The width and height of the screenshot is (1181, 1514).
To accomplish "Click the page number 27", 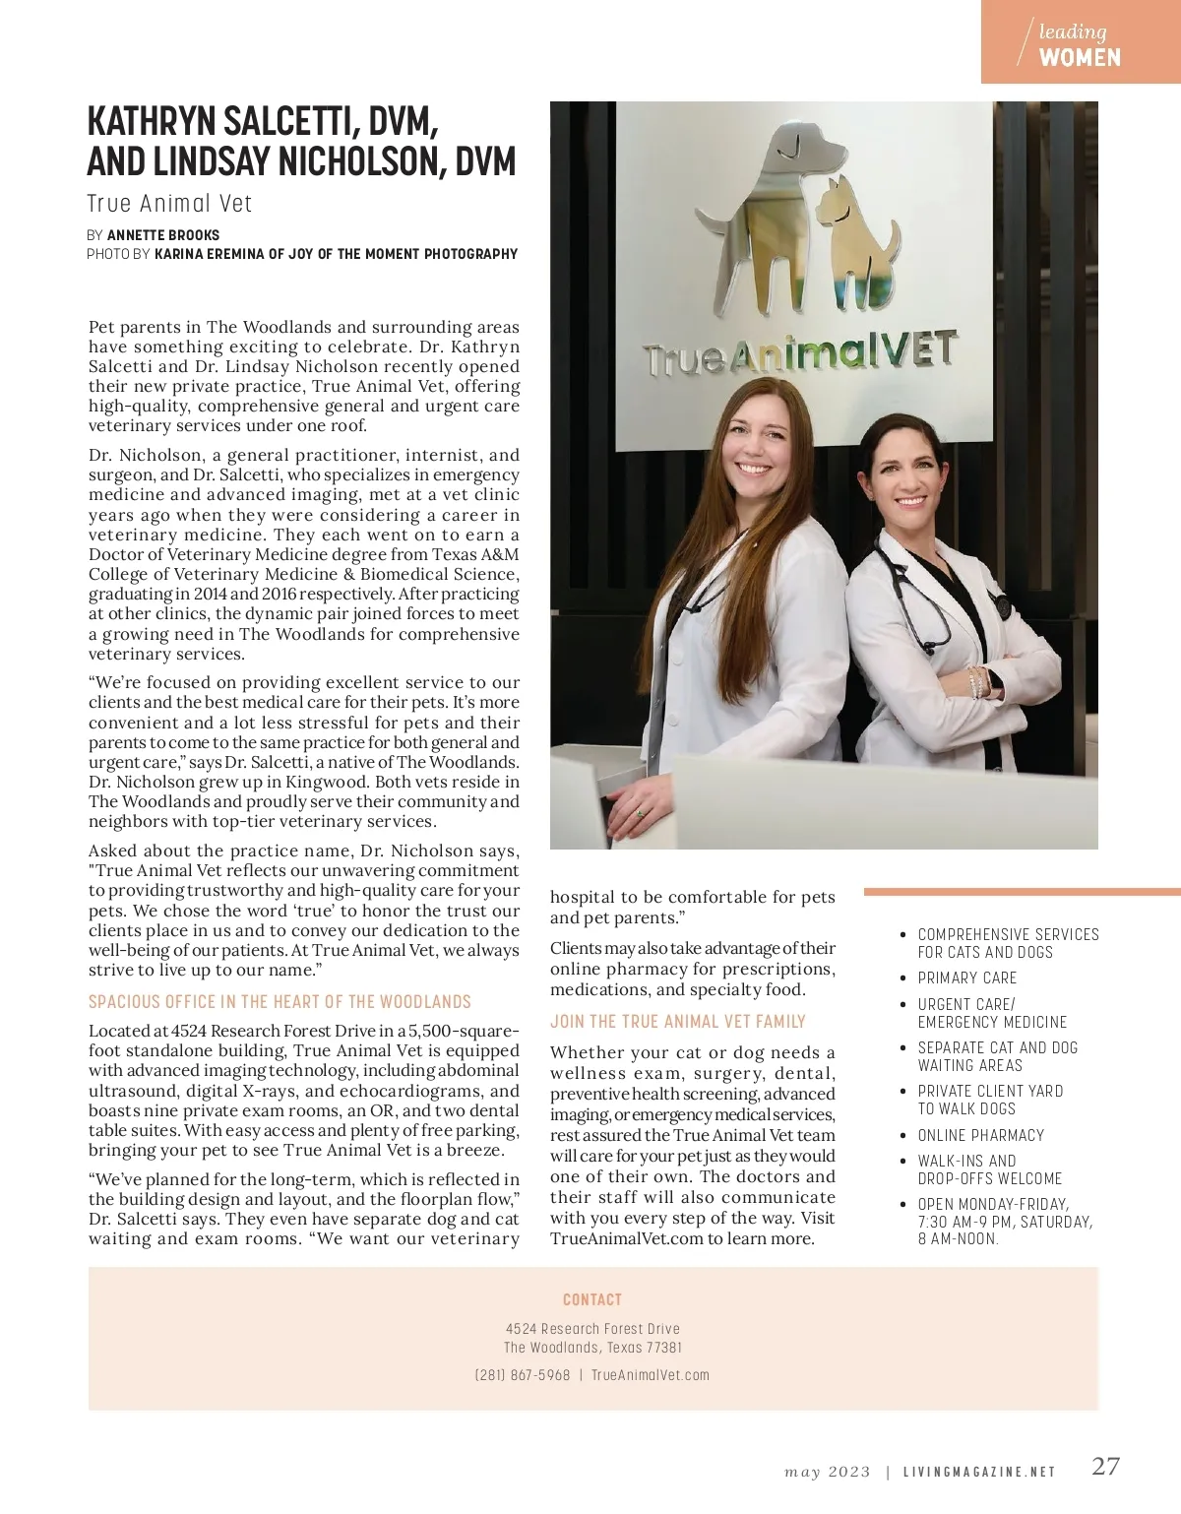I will [x=1105, y=1466].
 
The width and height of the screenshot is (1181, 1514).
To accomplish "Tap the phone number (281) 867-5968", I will [x=523, y=1375].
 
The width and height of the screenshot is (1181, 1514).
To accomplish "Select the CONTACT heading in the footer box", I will [x=592, y=1299].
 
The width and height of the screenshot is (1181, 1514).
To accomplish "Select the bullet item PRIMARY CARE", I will [x=966, y=978].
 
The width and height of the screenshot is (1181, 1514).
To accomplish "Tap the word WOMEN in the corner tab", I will [x=1080, y=58].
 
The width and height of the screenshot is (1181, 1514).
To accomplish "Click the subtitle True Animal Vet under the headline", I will [x=169, y=204].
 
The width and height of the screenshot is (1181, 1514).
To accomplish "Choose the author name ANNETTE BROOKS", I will [x=163, y=235].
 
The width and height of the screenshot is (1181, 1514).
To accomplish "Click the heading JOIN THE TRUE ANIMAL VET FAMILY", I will [x=677, y=1022].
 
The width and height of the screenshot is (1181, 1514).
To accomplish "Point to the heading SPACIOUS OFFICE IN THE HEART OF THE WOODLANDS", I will [x=280, y=1002].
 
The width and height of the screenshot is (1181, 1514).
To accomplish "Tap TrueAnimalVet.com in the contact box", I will [x=650, y=1375].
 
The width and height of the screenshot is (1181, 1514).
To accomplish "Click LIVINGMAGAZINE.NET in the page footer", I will [x=978, y=1473].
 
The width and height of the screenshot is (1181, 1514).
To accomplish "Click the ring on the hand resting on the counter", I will [x=638, y=813].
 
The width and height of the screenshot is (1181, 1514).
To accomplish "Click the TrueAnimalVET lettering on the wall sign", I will [x=799, y=353].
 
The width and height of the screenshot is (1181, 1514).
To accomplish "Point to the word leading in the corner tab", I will [x=1072, y=32].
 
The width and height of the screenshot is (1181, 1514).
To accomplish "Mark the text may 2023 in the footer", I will [x=827, y=1473].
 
